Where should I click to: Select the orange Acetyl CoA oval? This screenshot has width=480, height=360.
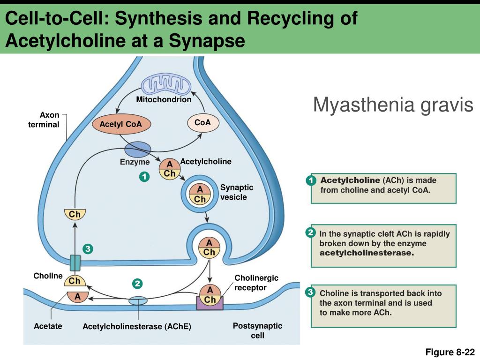(121, 124)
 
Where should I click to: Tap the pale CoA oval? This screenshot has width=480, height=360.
(203, 123)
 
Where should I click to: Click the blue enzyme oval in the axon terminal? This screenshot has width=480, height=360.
(138, 149)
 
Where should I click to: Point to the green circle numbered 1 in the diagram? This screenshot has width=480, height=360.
(144, 177)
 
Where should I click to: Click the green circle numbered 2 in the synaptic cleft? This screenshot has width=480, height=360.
(137, 284)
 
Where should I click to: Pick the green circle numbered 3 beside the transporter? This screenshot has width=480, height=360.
(88, 248)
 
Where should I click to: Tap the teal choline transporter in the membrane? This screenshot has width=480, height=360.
(75, 263)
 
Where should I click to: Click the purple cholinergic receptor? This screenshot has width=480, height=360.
(210, 302)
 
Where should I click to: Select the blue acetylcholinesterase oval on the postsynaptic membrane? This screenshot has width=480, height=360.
(138, 300)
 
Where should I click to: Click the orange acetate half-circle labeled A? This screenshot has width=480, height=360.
(78, 296)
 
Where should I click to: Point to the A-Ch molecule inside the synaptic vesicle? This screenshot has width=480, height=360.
(200, 194)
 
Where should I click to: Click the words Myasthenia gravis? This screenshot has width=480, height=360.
(393, 105)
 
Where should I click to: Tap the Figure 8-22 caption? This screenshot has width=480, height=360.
(450, 352)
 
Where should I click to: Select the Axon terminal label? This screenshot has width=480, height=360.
(44, 120)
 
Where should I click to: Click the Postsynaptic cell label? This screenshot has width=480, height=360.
(257, 330)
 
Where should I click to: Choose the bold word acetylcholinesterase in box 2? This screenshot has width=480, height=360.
(367, 253)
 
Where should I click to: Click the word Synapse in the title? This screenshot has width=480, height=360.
(207, 41)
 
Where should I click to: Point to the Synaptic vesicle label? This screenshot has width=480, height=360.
(236, 192)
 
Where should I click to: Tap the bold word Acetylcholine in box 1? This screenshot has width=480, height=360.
(350, 180)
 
